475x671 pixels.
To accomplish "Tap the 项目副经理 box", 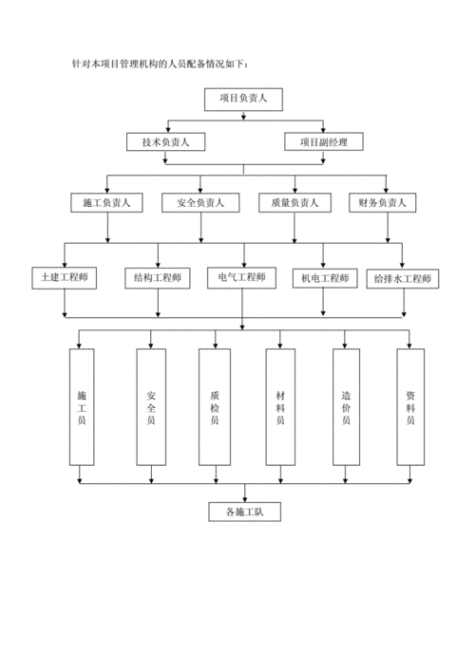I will pyautogui.click(x=323, y=142).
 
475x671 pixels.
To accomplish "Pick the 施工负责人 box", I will pyautogui.click(x=106, y=202).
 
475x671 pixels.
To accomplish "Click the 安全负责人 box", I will pyautogui.click(x=199, y=202).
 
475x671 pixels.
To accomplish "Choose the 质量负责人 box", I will pyautogui.click(x=294, y=202).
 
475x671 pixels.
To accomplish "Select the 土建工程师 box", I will pyautogui.click(x=64, y=278).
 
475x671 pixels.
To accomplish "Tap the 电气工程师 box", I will pyautogui.click(x=242, y=278).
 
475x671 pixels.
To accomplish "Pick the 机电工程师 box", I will pyautogui.click(x=324, y=278).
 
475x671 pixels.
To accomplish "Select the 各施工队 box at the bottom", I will pyautogui.click(x=244, y=513).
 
